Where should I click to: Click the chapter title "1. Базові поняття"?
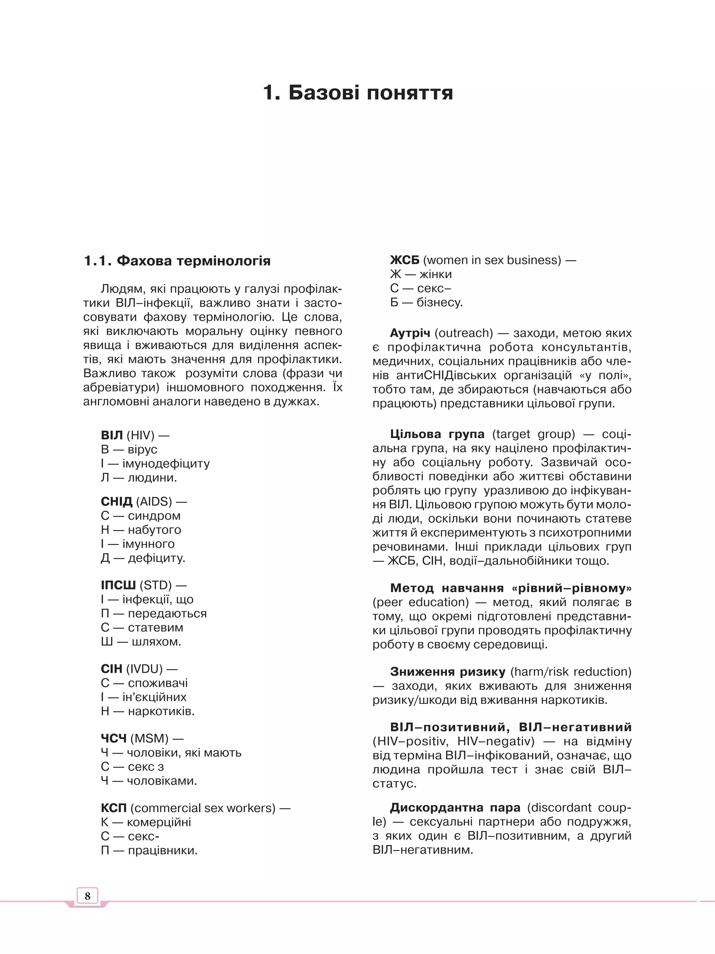pyautogui.click(x=358, y=93)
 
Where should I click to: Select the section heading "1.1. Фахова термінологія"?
pyautogui.click(x=177, y=261)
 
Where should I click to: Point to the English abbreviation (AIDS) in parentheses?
pyautogui.click(x=154, y=501)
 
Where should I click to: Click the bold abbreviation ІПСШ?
pyautogui.click(x=118, y=585)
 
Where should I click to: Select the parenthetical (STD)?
pyautogui.click(x=155, y=585)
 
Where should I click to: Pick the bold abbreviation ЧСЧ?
pyautogui.click(x=114, y=738)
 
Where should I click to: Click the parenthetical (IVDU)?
pyautogui.click(x=144, y=669)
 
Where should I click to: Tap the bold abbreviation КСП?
pyautogui.click(x=114, y=808)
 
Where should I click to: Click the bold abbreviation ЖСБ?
pyautogui.click(x=404, y=260)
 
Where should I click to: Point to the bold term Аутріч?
pyautogui.click(x=410, y=333)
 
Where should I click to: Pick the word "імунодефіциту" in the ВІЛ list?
pyautogui.click(x=166, y=464)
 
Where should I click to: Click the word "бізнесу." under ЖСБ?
pyautogui.click(x=440, y=302)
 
